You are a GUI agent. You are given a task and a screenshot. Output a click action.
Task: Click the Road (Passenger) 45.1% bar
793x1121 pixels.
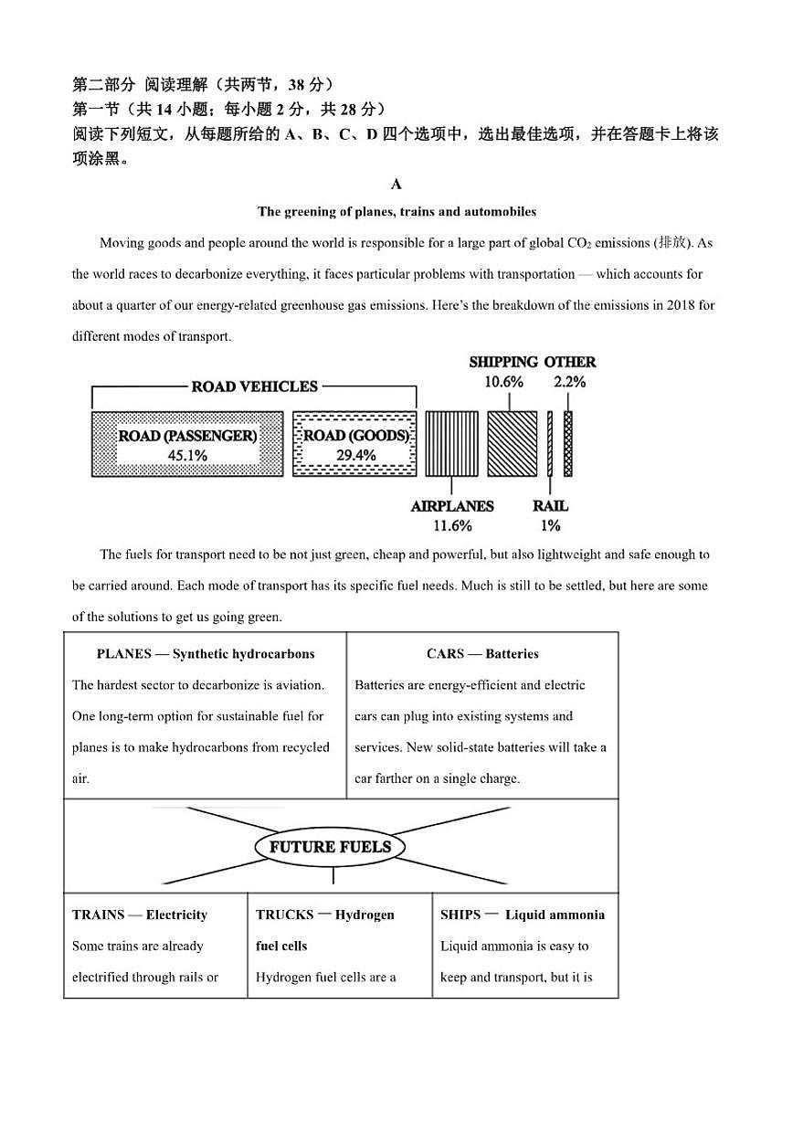pyautogui.click(x=187, y=444)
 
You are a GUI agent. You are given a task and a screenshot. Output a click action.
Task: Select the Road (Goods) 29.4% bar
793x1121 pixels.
pyautogui.click(x=354, y=444)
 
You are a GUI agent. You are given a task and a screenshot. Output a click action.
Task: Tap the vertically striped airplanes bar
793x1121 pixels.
pyautogui.click(x=451, y=444)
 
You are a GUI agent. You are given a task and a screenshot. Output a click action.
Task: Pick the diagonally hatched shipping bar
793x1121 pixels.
pyautogui.click(x=512, y=444)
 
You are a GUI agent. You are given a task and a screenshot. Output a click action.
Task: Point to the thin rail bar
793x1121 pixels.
pyautogui.click(x=550, y=444)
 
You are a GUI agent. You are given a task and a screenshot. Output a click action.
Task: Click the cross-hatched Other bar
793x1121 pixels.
pyautogui.click(x=567, y=444)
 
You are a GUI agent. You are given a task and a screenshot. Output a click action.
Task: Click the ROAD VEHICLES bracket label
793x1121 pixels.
pyautogui.click(x=254, y=386)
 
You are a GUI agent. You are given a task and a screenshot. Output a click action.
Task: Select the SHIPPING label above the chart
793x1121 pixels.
pyautogui.click(x=503, y=363)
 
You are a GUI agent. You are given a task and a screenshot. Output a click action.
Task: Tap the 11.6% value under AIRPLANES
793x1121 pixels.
pyautogui.click(x=452, y=525)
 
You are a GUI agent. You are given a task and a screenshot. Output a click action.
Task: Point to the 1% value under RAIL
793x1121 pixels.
pyautogui.click(x=550, y=525)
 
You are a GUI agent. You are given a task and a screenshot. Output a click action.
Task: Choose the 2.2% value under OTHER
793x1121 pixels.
pyautogui.click(x=570, y=382)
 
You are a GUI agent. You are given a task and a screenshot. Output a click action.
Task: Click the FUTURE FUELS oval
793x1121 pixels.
pyautogui.click(x=330, y=847)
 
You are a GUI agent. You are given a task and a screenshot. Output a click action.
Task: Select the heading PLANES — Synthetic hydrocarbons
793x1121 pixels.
pyautogui.click(x=206, y=654)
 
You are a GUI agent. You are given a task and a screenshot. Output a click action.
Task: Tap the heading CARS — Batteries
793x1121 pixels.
pyautogui.click(x=482, y=654)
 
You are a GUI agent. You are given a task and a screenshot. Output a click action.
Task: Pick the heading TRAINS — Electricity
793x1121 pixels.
pyautogui.click(x=140, y=915)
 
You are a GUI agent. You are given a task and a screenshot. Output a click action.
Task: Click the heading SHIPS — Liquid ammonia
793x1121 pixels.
pyautogui.click(x=523, y=915)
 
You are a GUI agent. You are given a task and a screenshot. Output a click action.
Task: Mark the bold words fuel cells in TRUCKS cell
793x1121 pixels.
pyautogui.click(x=281, y=946)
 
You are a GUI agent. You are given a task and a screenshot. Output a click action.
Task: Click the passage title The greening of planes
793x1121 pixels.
pyautogui.click(x=396, y=212)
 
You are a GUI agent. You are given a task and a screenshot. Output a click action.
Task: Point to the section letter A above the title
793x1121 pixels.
pyautogui.click(x=396, y=185)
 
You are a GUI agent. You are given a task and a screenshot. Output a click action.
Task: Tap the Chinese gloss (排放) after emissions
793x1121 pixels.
pyautogui.click(x=671, y=243)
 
